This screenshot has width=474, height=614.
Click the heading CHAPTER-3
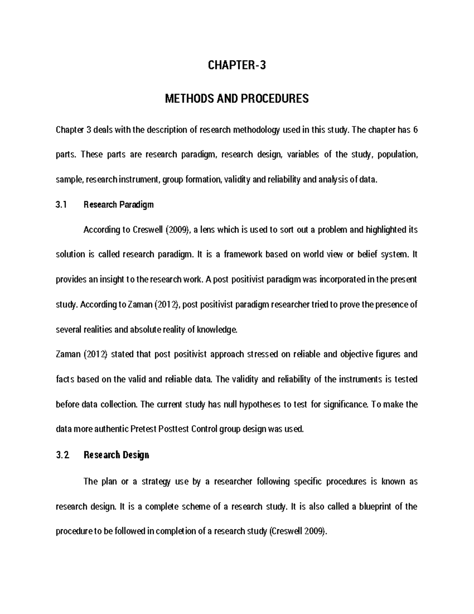click(x=237, y=65)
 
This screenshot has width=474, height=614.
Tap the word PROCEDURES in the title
click(x=276, y=98)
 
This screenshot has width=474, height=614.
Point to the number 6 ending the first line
click(x=415, y=130)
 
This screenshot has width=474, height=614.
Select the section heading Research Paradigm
click(x=118, y=205)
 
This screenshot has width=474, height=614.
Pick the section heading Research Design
click(x=116, y=455)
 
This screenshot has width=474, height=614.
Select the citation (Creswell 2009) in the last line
click(x=298, y=531)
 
